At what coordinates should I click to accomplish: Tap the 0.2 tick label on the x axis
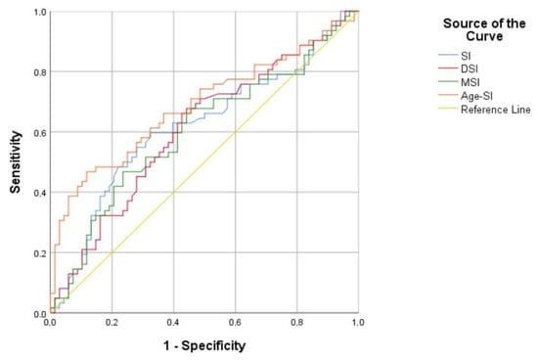[x=112, y=323]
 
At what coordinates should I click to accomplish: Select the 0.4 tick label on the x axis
[x=173, y=323]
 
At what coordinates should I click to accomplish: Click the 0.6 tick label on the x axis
[x=235, y=323]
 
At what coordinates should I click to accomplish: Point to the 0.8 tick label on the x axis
[x=296, y=323]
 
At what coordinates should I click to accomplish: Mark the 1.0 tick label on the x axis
[x=358, y=323]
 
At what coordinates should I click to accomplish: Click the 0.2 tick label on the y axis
[x=39, y=253]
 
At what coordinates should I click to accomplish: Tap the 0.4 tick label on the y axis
[x=39, y=193]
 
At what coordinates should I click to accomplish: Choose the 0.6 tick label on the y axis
[x=39, y=132]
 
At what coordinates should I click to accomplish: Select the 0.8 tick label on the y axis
[x=39, y=71]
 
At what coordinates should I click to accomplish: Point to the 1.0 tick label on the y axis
[x=39, y=11]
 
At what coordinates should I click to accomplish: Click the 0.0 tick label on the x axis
[x=51, y=323]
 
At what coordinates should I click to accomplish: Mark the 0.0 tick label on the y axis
[x=39, y=313]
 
